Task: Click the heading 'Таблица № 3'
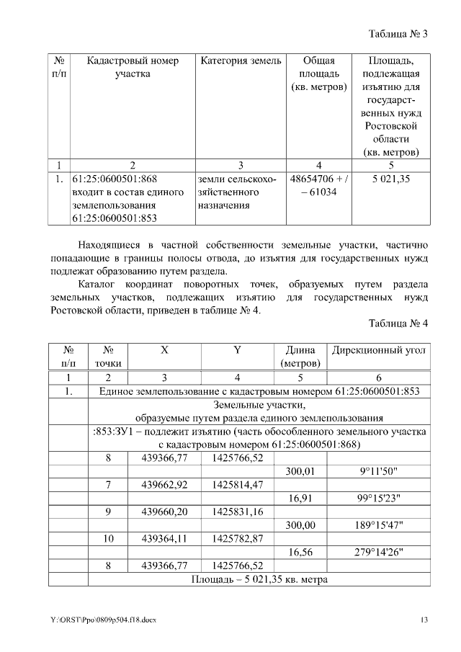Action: tap(398, 34)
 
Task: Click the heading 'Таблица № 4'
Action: tap(398, 323)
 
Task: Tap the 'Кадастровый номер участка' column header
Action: tap(133, 67)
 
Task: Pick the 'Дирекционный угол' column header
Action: tap(379, 350)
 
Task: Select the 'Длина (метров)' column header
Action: tap(300, 357)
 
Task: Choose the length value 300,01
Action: tap(300, 470)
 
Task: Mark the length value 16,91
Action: tap(300, 498)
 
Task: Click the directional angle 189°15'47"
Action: tap(379, 525)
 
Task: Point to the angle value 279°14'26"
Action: tap(379, 552)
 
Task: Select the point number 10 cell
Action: tap(108, 538)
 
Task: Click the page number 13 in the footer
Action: tap(425, 620)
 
